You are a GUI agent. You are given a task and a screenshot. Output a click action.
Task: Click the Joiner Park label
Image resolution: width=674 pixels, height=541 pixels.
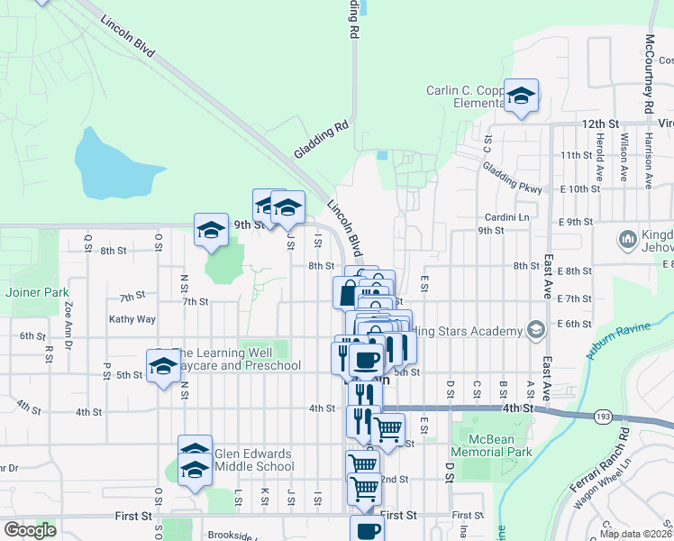pyautogui.click(x=37, y=292)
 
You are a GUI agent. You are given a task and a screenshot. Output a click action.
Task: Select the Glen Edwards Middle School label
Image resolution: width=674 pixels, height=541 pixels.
pyautogui.click(x=253, y=460)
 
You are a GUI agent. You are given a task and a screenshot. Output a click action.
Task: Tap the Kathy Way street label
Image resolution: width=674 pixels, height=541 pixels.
pyautogui.click(x=132, y=319)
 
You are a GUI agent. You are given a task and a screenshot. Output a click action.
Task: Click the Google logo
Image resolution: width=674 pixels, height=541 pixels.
pyautogui.click(x=30, y=530)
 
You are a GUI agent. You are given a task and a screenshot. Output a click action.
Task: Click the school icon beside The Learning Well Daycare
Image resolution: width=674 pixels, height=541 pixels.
pyautogui.click(x=163, y=365)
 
